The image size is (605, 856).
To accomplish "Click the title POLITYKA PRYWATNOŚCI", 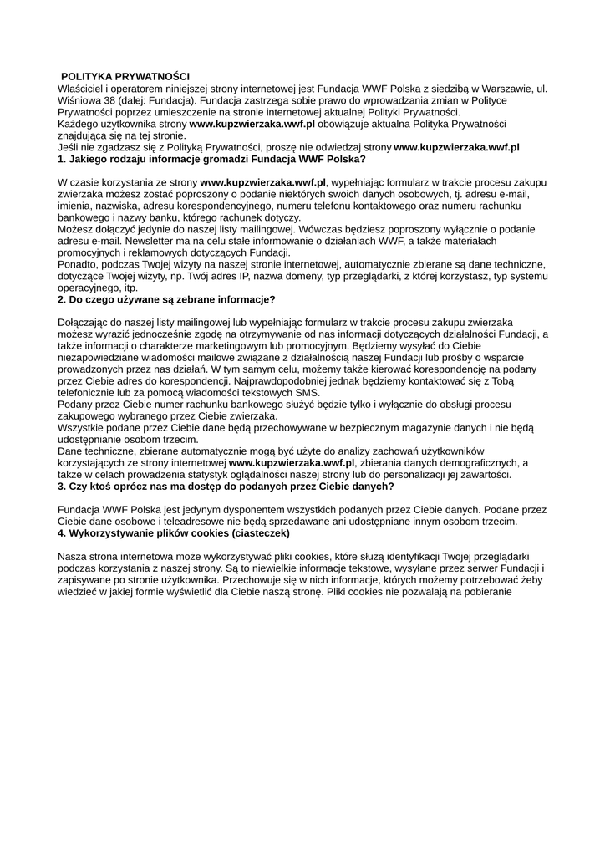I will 125,76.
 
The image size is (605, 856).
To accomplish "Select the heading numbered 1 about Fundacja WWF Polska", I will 211,158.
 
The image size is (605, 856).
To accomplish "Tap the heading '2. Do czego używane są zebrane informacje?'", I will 166,298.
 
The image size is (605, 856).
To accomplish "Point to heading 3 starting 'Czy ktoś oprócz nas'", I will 226,486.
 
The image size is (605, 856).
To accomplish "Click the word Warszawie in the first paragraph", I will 499,88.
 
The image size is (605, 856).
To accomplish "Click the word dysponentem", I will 236,509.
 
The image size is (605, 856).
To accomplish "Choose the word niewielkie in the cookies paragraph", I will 291,568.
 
